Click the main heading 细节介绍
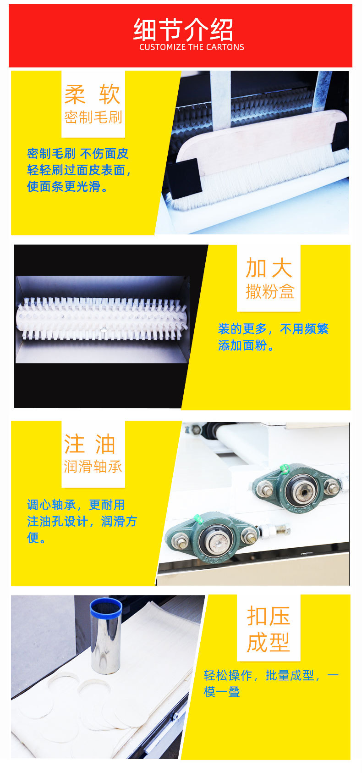coord(183,30)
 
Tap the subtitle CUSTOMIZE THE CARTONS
coord(192,47)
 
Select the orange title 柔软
coord(93,94)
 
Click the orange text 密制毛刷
coord(93,117)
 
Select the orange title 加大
coord(269,268)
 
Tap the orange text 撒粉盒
coord(270,291)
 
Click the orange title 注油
coord(90,444)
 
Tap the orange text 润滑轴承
coord(93,467)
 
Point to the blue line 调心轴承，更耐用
coord(76,505)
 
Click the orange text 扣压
coord(269,616)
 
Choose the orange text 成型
coord(269,642)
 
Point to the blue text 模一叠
coord(222,692)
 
